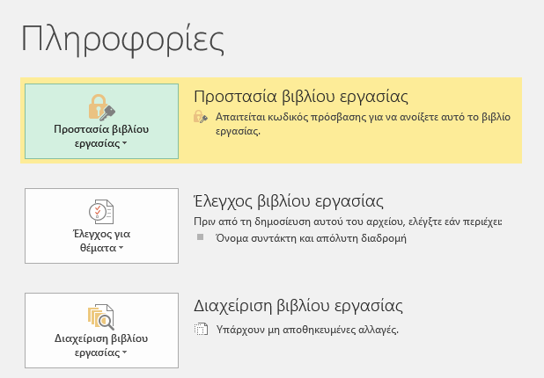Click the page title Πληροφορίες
pos(122,40)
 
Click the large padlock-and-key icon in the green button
pos(101,107)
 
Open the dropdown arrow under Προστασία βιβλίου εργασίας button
pos(124,143)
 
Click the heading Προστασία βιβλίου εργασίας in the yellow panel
pos(301,97)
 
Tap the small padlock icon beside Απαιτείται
pos(200,117)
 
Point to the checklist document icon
pos(101,211)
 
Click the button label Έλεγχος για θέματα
pos(101,241)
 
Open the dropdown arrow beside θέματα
pos(121,248)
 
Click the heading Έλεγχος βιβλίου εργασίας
pos(289,201)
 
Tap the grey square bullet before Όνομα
pos(200,237)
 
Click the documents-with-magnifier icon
pos(101,316)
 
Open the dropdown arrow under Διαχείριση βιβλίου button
pos(124,353)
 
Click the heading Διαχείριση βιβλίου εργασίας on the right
pos(298,306)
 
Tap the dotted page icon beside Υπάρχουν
pos(201,329)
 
